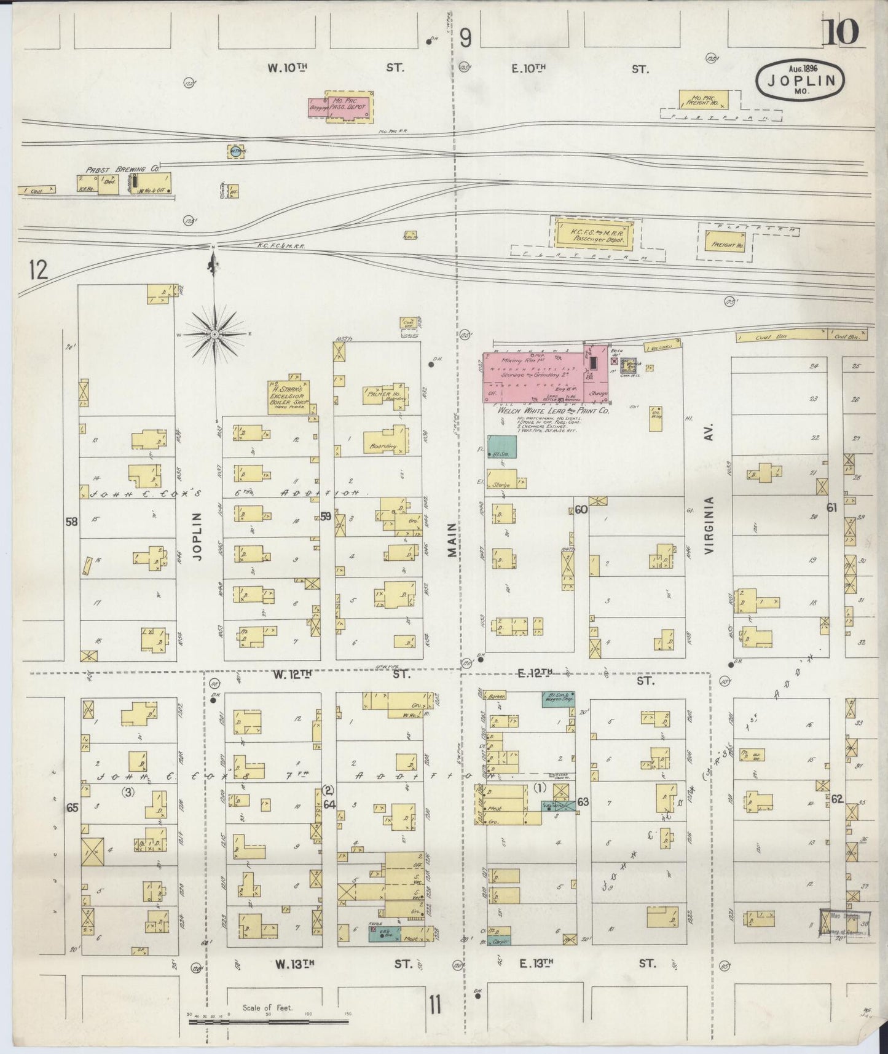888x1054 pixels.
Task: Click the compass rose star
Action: click(214, 334)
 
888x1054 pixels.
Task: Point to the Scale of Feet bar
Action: click(269, 1021)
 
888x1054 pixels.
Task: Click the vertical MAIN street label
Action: click(453, 540)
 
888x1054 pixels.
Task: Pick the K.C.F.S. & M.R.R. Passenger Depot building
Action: click(594, 234)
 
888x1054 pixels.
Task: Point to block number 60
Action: click(581, 509)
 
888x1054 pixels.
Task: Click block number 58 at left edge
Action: click(72, 521)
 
